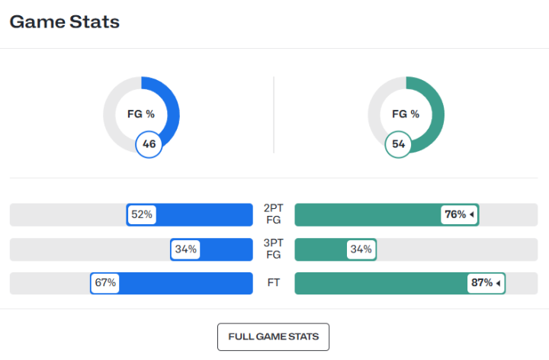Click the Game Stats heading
point(65,22)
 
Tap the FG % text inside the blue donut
point(141,114)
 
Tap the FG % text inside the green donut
point(406,114)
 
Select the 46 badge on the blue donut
point(149,143)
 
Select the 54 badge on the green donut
point(398,143)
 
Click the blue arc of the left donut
point(172,107)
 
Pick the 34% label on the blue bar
point(185,249)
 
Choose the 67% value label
point(105,283)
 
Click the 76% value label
point(455,215)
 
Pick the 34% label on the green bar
point(361,249)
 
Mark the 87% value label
point(482,283)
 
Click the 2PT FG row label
point(273,214)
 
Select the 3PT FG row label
point(273,249)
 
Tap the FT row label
point(273,283)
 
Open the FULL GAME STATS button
point(273,336)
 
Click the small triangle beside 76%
point(472,215)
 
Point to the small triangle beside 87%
point(499,283)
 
